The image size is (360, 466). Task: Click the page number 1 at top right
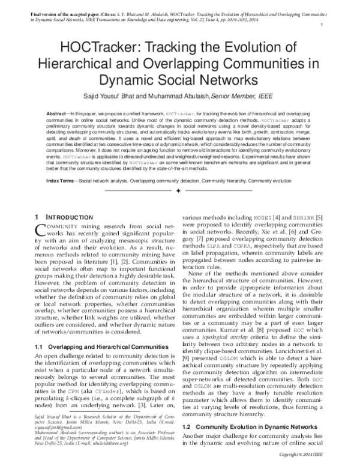pyautogui.click(x=323, y=25)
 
